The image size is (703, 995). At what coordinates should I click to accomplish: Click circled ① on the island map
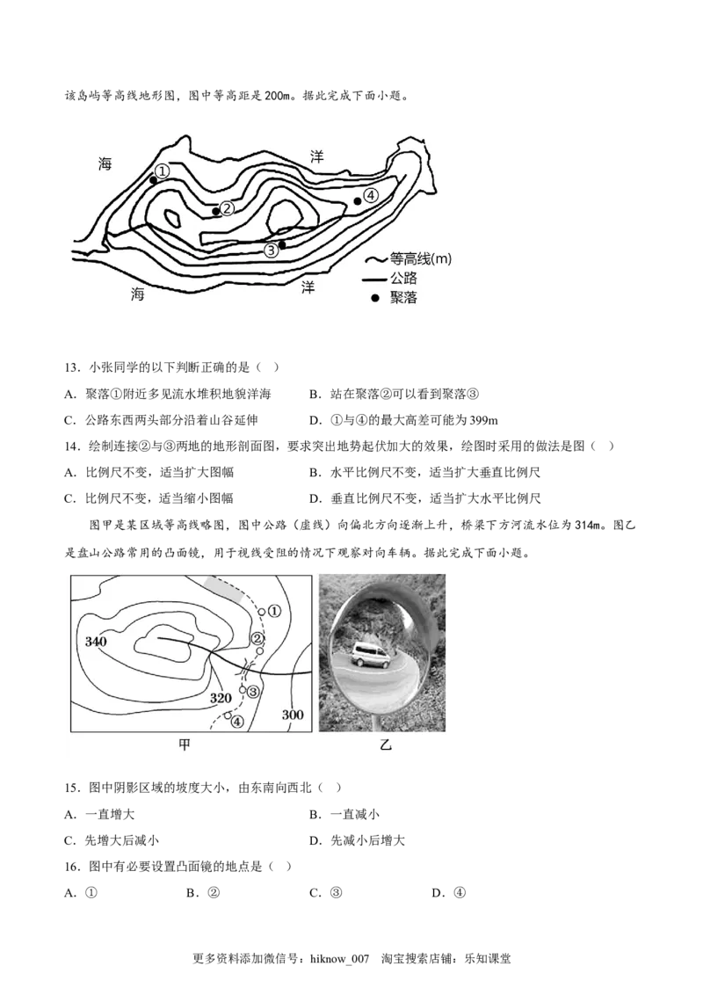[x=162, y=171]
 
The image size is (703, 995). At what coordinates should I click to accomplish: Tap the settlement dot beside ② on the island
[x=216, y=211]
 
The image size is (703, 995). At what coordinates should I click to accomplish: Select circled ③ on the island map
[x=271, y=251]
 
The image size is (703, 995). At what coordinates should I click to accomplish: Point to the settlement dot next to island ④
[x=358, y=201]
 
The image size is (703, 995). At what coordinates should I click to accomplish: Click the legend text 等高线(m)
[x=421, y=259]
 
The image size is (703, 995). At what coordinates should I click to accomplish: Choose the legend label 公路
[x=404, y=279]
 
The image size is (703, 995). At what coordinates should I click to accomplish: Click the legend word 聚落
[x=404, y=298]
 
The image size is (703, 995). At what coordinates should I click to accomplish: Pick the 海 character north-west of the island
[x=105, y=163]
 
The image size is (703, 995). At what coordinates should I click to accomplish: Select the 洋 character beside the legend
[x=308, y=287]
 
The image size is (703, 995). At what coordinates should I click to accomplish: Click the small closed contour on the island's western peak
[x=172, y=219]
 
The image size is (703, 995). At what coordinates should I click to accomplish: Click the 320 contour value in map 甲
[x=222, y=698]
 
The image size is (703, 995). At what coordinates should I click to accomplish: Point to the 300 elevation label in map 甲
[x=293, y=715]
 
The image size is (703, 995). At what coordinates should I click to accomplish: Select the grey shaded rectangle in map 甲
[x=221, y=588]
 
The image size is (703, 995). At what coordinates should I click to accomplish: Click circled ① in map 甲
[x=273, y=610]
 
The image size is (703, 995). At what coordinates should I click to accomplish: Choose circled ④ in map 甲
[x=236, y=722]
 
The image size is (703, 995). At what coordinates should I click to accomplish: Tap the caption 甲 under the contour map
[x=185, y=744]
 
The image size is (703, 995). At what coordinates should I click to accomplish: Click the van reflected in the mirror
[x=370, y=656]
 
